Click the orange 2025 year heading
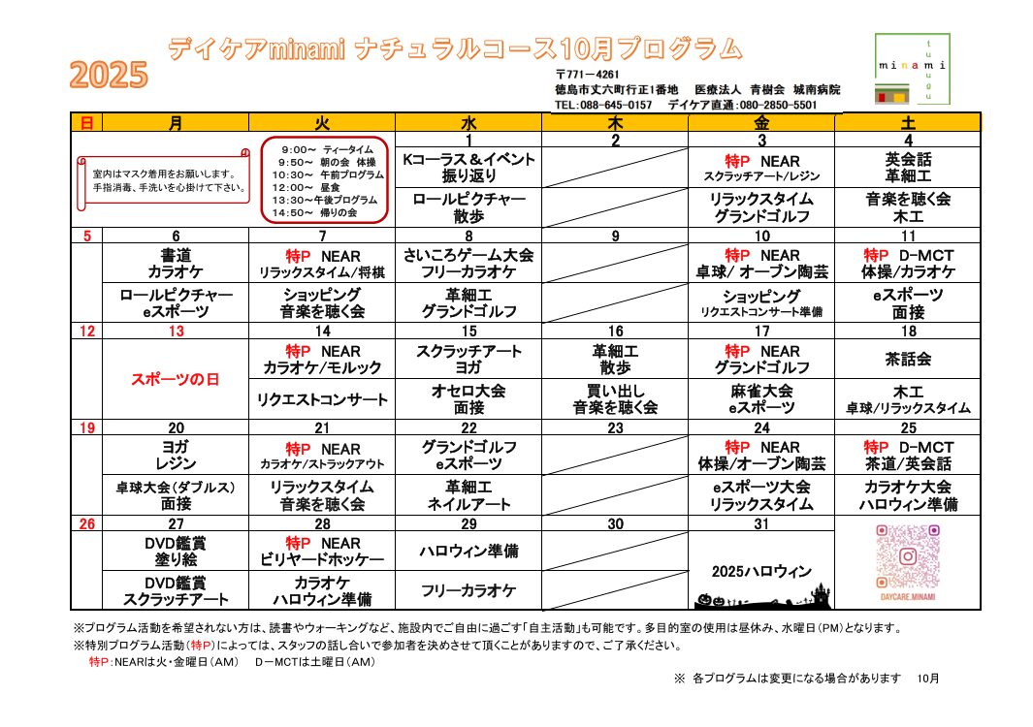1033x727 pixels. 109,75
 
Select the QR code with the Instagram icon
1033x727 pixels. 908,556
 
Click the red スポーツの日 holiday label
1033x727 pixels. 176,379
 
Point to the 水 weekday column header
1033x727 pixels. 468,123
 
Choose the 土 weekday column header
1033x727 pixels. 907,123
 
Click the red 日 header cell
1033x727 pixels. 86,123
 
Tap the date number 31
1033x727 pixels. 761,524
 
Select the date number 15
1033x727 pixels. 468,332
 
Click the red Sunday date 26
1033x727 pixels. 86,524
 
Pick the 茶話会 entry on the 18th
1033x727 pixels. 908,359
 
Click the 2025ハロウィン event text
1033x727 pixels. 761,571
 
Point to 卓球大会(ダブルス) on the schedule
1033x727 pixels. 176,487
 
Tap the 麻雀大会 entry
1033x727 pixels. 761,391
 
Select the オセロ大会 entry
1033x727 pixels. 468,391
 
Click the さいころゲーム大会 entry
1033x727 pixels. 468,255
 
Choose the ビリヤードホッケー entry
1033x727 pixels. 322,559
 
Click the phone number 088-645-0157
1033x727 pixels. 602,105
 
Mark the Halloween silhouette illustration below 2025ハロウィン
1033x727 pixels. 761,596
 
